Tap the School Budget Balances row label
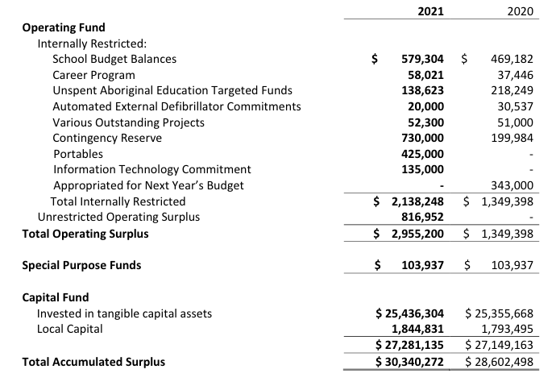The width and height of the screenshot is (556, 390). [114, 59]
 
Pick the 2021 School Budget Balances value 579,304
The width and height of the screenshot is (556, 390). [422, 59]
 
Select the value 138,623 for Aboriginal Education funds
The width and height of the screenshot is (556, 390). [422, 90]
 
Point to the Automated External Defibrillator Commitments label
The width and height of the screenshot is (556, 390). [176, 106]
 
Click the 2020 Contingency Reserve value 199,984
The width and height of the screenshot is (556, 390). [509, 138]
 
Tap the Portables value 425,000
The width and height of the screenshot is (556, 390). [422, 153]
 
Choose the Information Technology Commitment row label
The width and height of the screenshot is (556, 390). [151, 169]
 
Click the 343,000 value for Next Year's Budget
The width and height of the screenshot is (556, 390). [509, 185]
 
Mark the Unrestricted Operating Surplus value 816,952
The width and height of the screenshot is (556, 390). [422, 217]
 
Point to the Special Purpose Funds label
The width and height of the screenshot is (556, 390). [81, 265]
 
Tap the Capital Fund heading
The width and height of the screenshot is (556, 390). [55, 297]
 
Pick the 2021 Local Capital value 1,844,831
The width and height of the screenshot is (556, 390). [415, 329]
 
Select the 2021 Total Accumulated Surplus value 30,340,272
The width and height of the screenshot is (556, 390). [410, 362]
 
